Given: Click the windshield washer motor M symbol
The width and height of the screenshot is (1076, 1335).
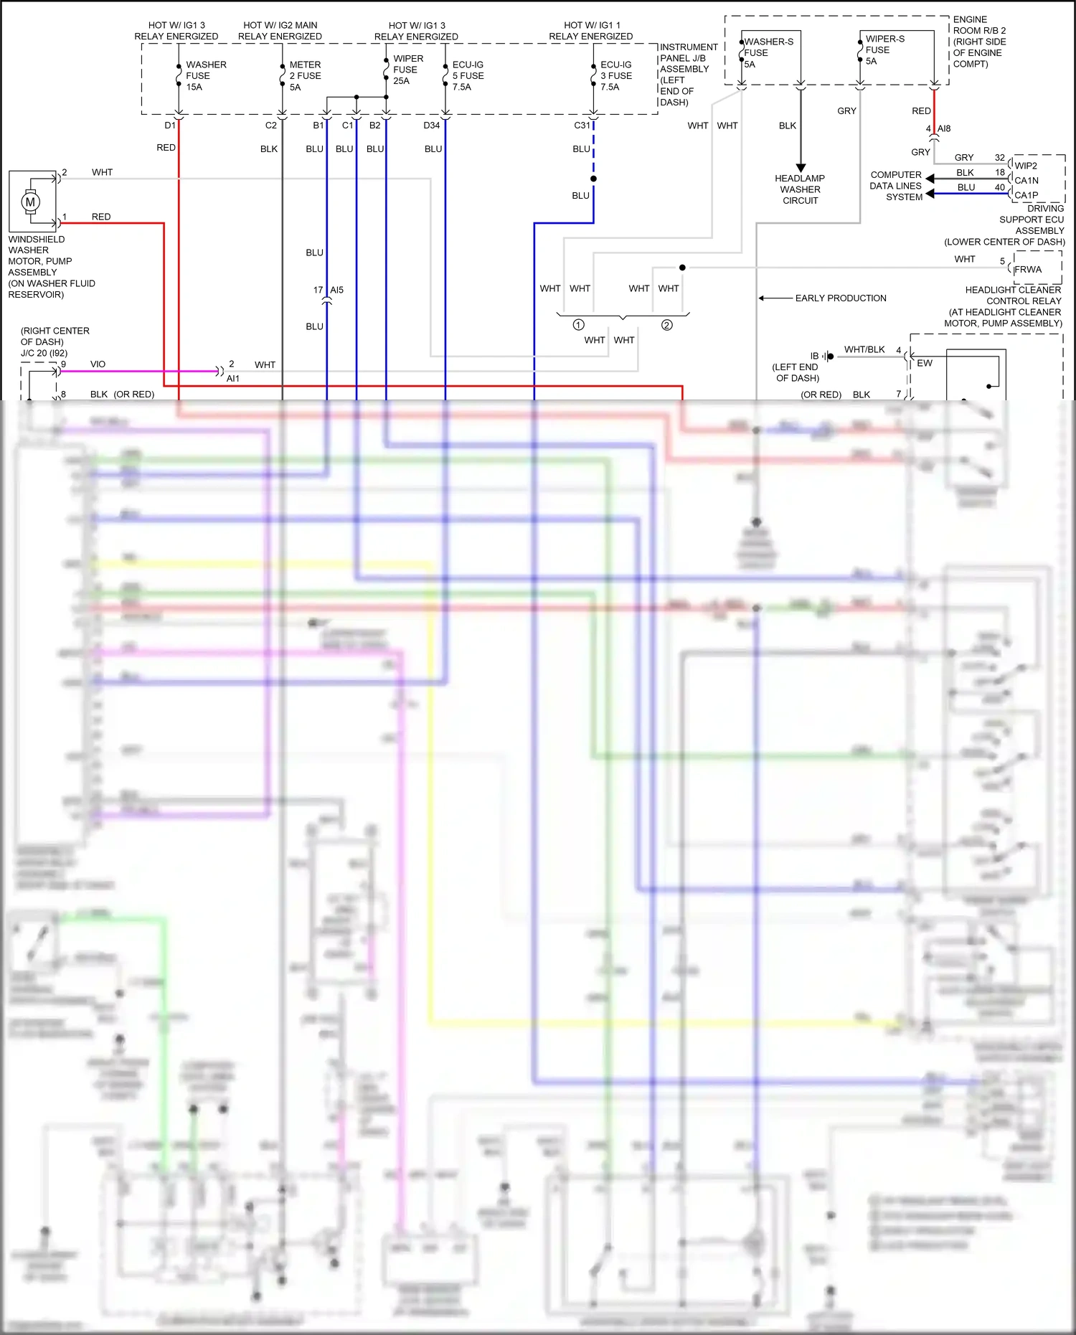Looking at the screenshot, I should (30, 202).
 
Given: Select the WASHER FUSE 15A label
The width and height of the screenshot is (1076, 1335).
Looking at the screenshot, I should (205, 75).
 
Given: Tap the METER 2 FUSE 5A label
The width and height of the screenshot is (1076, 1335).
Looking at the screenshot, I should (305, 75).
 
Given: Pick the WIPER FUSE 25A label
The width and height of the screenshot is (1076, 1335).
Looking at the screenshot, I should (407, 70).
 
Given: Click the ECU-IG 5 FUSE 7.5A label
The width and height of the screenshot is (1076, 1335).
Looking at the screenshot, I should (468, 75).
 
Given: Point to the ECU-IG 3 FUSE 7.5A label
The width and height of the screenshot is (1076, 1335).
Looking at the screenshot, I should (615, 75).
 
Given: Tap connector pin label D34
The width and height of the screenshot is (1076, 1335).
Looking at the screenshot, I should (431, 126).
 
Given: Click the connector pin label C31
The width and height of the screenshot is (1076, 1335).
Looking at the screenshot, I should (582, 126).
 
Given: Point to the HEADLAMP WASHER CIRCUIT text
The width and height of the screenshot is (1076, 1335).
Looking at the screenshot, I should (800, 189).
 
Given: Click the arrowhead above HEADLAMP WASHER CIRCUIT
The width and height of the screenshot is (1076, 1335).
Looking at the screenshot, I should (801, 168).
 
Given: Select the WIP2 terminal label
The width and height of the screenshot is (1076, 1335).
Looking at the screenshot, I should (1025, 166).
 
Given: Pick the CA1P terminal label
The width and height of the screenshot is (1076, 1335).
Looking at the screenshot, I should (1026, 195).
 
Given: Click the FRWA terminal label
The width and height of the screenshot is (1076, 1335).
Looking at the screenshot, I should (1027, 270).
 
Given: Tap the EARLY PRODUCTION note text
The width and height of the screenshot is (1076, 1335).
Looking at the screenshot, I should (840, 298).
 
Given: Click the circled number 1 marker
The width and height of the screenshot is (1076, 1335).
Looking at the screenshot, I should (578, 325).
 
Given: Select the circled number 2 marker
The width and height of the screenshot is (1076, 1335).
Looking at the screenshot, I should (666, 325).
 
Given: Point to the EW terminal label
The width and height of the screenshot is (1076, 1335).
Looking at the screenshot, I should (925, 363).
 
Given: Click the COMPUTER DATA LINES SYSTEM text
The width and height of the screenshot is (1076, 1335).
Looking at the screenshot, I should (895, 186).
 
